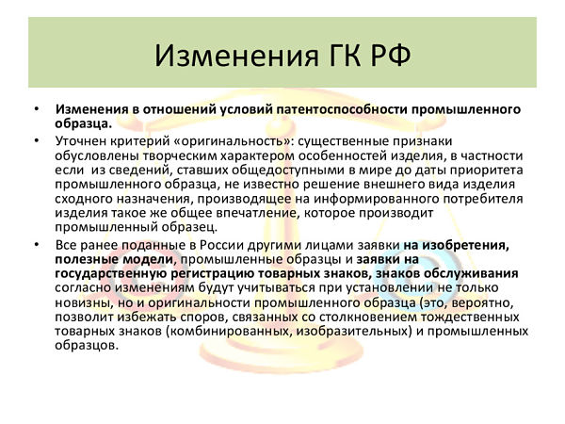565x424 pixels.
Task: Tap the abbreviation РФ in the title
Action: point(391,57)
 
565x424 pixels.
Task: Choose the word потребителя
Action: point(474,199)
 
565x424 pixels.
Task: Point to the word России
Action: point(222,245)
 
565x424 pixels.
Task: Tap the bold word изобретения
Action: point(465,245)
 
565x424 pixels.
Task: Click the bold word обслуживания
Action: point(471,273)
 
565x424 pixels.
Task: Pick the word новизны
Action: point(84,302)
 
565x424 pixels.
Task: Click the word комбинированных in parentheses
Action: point(229,331)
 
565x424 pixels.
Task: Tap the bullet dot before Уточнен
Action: point(37,140)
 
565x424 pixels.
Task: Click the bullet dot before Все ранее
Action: point(37,245)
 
